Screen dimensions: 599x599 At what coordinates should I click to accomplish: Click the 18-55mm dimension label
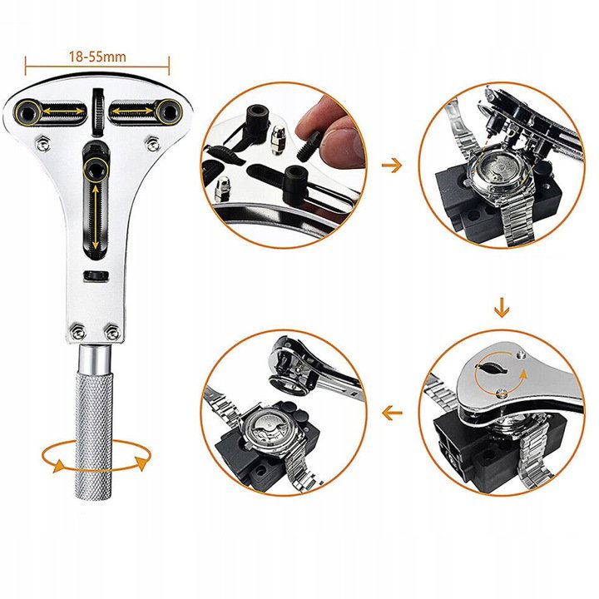[x=97, y=57]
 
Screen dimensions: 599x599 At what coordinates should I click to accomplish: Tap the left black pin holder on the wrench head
[x=27, y=112]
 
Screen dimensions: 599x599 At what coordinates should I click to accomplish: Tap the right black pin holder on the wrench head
[x=167, y=111]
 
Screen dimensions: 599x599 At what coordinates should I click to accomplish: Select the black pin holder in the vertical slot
[x=95, y=169]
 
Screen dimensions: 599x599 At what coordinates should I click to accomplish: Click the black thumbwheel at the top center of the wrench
[x=98, y=112]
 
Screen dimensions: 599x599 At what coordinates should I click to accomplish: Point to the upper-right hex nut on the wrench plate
[x=154, y=144]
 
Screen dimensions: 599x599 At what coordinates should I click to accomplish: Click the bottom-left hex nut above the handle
[x=78, y=332]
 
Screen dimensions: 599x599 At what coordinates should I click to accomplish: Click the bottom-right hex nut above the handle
[x=112, y=332]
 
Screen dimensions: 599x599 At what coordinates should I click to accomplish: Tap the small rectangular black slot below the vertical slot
[x=96, y=276]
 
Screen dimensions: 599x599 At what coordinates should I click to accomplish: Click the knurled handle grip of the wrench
[x=94, y=435]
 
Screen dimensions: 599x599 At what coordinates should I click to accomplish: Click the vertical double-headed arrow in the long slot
[x=95, y=216]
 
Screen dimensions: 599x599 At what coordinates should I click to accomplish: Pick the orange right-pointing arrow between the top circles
[x=392, y=166]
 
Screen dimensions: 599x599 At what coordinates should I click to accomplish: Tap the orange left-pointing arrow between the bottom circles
[x=392, y=413]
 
